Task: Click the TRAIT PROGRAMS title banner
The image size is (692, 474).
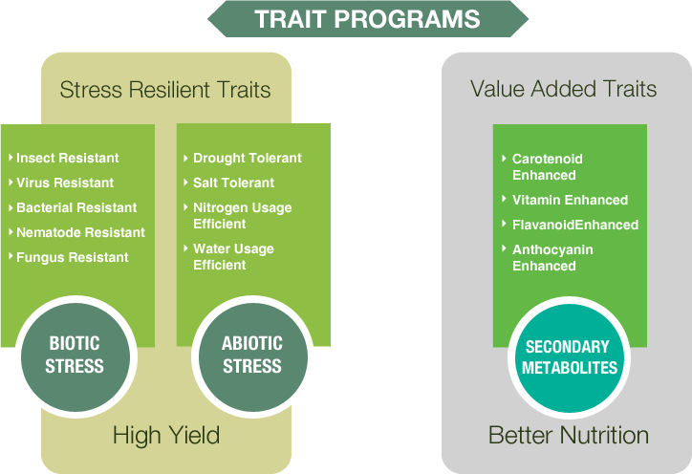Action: [x=368, y=19]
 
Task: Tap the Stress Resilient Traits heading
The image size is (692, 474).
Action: [x=165, y=90]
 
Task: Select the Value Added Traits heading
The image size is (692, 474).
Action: [x=564, y=89]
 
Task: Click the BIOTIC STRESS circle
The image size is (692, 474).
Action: [x=75, y=356]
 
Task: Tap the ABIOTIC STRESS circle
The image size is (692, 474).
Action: [x=253, y=356]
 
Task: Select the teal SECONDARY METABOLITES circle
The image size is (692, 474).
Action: [x=569, y=358]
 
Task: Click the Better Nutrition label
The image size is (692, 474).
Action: [x=569, y=435]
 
